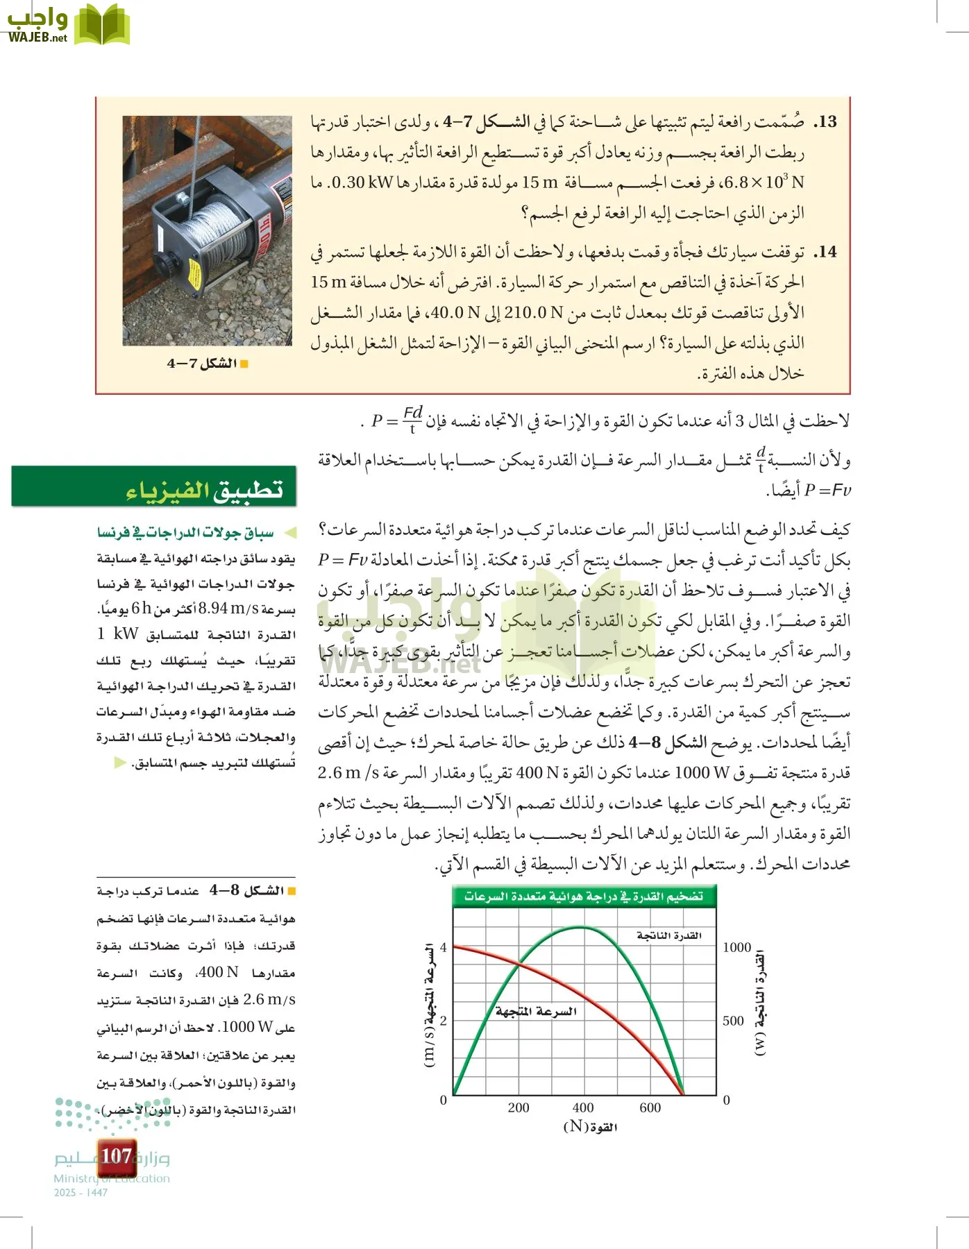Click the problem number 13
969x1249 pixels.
825,122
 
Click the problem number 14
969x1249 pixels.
825,252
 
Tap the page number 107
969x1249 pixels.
116,1157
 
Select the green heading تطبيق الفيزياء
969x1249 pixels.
204,489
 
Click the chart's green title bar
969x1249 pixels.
584,897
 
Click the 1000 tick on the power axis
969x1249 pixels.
736,948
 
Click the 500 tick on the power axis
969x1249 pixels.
733,1021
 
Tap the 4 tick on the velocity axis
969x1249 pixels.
444,948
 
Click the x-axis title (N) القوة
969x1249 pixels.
589,1127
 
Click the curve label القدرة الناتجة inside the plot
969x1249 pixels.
668,936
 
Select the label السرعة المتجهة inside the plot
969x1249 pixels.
536,1012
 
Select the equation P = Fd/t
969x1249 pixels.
396,420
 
